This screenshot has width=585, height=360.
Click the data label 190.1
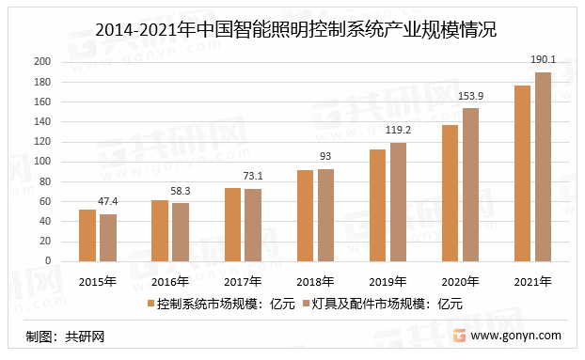(543, 60)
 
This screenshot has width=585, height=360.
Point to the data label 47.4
(108, 201)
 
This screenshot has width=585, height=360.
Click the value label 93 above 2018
(325, 156)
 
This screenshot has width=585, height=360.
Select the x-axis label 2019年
(387, 281)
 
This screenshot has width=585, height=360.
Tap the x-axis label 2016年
(170, 281)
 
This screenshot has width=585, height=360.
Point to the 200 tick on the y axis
(43, 62)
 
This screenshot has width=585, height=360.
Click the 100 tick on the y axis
(43, 162)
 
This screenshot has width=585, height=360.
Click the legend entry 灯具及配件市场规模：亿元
(387, 304)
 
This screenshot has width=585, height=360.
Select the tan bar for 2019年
(398, 201)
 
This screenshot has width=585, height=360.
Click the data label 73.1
(253, 176)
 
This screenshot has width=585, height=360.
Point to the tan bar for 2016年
(181, 232)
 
